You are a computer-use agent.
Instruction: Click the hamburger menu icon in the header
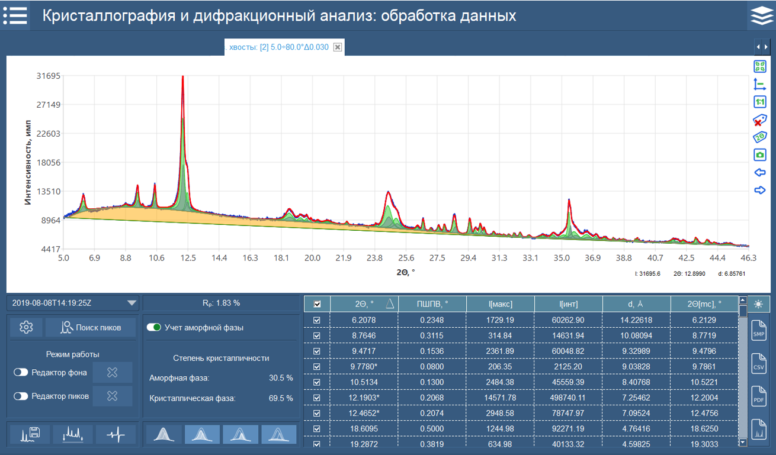[x=15, y=15]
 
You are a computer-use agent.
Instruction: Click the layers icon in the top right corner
[x=762, y=15]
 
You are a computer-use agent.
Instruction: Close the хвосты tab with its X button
[x=338, y=47]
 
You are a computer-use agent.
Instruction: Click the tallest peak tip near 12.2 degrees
[x=182, y=77]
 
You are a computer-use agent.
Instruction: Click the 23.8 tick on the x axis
[x=374, y=258]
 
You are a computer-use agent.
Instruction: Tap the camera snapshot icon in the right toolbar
[x=760, y=155]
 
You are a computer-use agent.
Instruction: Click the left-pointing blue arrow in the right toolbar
[x=760, y=173]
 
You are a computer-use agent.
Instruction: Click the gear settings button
[x=26, y=327]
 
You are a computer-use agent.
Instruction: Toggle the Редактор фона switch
[x=21, y=372]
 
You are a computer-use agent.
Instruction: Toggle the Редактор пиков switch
[x=21, y=396]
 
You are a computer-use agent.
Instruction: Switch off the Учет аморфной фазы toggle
[x=154, y=327]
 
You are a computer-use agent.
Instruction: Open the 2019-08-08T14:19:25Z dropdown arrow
[x=132, y=303]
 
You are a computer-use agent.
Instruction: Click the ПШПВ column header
[x=432, y=304]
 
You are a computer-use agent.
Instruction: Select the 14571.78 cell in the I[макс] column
[x=500, y=398]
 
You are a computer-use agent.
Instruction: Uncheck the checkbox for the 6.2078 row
[x=317, y=320]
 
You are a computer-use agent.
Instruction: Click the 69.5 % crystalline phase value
[x=281, y=398]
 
